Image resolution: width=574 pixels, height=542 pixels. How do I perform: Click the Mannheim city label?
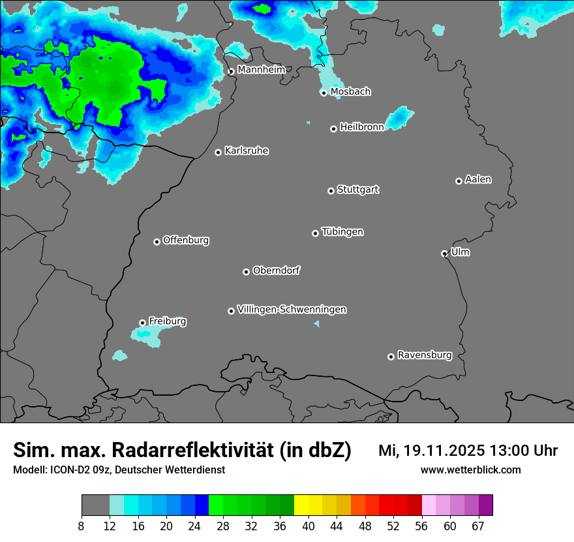261,69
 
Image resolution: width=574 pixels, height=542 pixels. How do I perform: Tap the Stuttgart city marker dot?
331,191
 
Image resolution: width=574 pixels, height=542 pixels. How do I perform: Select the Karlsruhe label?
247,151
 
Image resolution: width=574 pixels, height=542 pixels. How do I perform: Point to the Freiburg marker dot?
142,323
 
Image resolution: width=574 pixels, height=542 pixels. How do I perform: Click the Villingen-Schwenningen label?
292,310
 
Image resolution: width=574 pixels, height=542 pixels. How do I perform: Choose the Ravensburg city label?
425,355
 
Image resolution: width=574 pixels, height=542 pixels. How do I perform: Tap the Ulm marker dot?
444,253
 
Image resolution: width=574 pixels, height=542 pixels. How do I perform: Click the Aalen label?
478,180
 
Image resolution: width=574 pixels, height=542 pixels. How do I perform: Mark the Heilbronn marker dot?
333,129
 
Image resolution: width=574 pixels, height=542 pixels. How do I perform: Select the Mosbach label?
350,91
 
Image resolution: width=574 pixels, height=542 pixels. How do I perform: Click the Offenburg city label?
186,240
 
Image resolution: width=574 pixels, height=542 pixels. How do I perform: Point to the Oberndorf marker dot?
246,272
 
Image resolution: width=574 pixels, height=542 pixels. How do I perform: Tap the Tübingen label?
342,232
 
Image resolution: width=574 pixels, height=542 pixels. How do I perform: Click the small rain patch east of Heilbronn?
400,118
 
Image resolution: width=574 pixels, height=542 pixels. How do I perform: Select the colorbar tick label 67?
478,526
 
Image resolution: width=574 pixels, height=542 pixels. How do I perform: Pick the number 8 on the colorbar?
82,526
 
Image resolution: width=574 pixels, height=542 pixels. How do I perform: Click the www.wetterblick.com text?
470,470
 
